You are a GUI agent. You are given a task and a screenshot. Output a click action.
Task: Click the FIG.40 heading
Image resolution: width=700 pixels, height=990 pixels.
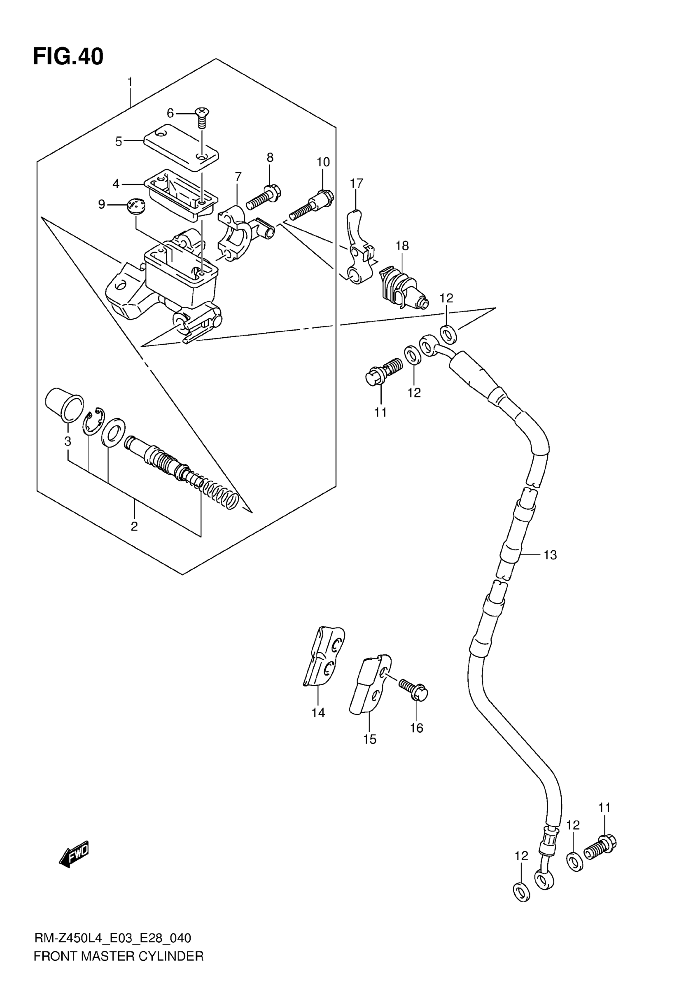68,57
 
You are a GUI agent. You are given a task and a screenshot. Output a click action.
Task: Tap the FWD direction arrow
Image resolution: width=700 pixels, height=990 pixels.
74,853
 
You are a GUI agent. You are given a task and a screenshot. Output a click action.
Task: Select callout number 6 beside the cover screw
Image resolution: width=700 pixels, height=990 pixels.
170,113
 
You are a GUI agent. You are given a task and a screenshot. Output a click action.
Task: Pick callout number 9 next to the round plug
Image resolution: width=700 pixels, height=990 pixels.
102,204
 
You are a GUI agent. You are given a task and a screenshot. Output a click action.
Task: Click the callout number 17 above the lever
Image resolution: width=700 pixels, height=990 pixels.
357,183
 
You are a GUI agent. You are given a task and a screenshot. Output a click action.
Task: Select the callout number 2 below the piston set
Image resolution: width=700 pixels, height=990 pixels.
134,526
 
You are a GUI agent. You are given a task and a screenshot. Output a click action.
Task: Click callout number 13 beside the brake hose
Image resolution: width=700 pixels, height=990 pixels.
551,555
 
